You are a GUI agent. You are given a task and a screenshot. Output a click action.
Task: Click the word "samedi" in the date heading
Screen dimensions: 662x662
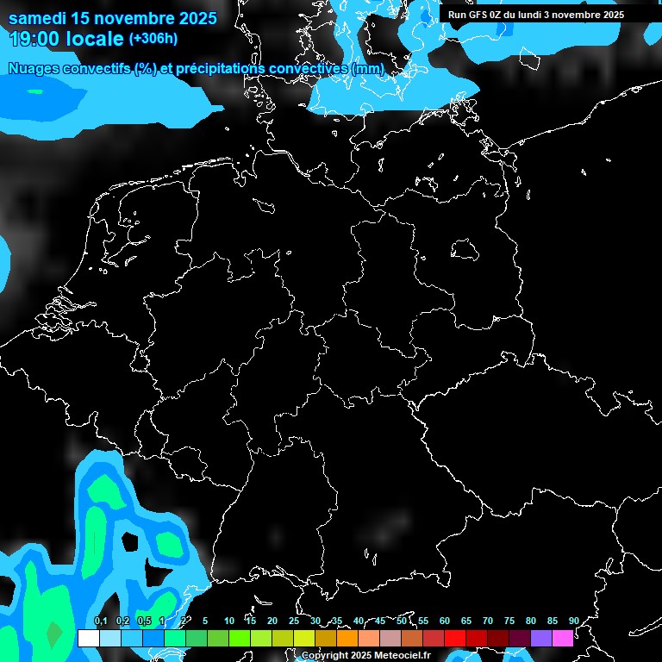40,18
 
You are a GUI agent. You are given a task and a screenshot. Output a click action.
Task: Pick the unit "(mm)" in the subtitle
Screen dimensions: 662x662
368,68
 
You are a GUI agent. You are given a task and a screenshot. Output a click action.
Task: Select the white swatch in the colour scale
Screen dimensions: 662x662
88,638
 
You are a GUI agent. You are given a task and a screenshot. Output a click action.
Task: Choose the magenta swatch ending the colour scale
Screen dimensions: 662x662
563,638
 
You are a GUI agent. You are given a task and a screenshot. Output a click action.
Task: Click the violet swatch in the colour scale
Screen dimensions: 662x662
541,638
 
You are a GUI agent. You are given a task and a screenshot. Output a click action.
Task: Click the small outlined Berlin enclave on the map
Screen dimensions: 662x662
465,251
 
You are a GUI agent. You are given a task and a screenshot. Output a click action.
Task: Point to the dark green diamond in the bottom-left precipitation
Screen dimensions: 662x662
53,634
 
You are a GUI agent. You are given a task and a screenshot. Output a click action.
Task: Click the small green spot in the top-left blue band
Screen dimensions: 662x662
34,91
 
